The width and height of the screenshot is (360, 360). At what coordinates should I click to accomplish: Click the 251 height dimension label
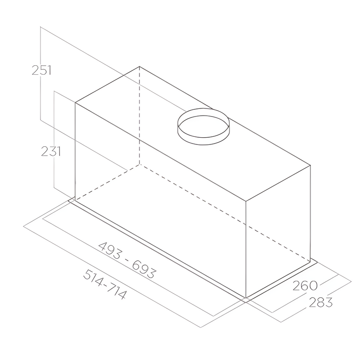[x=41, y=70]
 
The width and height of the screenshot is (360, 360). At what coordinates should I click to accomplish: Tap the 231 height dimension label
[x=51, y=152]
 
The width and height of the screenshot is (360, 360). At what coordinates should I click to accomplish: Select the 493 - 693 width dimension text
[x=127, y=260]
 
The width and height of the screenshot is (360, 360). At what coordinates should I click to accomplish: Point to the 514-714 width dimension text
[x=105, y=284]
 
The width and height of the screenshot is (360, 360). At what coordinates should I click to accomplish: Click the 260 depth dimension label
[x=305, y=286]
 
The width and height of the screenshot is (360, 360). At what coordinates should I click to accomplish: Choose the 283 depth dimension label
[x=321, y=302]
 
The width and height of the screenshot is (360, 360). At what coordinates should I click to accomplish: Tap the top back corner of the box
[x=139, y=66]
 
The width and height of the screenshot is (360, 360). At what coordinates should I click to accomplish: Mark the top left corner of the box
[x=75, y=103]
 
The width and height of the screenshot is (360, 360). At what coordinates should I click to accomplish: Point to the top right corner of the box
[x=310, y=165]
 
